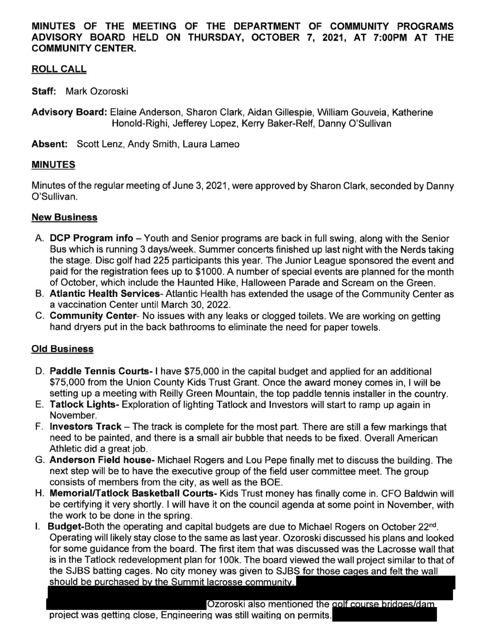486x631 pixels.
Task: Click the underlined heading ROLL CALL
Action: click(59, 69)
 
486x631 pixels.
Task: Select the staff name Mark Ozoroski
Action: click(97, 91)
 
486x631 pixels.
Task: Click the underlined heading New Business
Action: click(64, 217)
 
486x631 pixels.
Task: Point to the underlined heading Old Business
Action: click(62, 349)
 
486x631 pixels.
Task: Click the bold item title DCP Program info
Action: click(91, 238)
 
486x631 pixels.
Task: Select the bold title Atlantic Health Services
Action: click(104, 294)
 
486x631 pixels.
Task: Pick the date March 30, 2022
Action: click(195, 305)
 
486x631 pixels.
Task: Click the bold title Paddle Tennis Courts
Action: click(99, 371)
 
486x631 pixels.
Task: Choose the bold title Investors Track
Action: click(86, 427)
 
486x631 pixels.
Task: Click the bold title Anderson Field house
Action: click(100, 460)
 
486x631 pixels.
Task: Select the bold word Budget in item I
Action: click(64, 527)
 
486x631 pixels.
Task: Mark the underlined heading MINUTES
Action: click(53, 165)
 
